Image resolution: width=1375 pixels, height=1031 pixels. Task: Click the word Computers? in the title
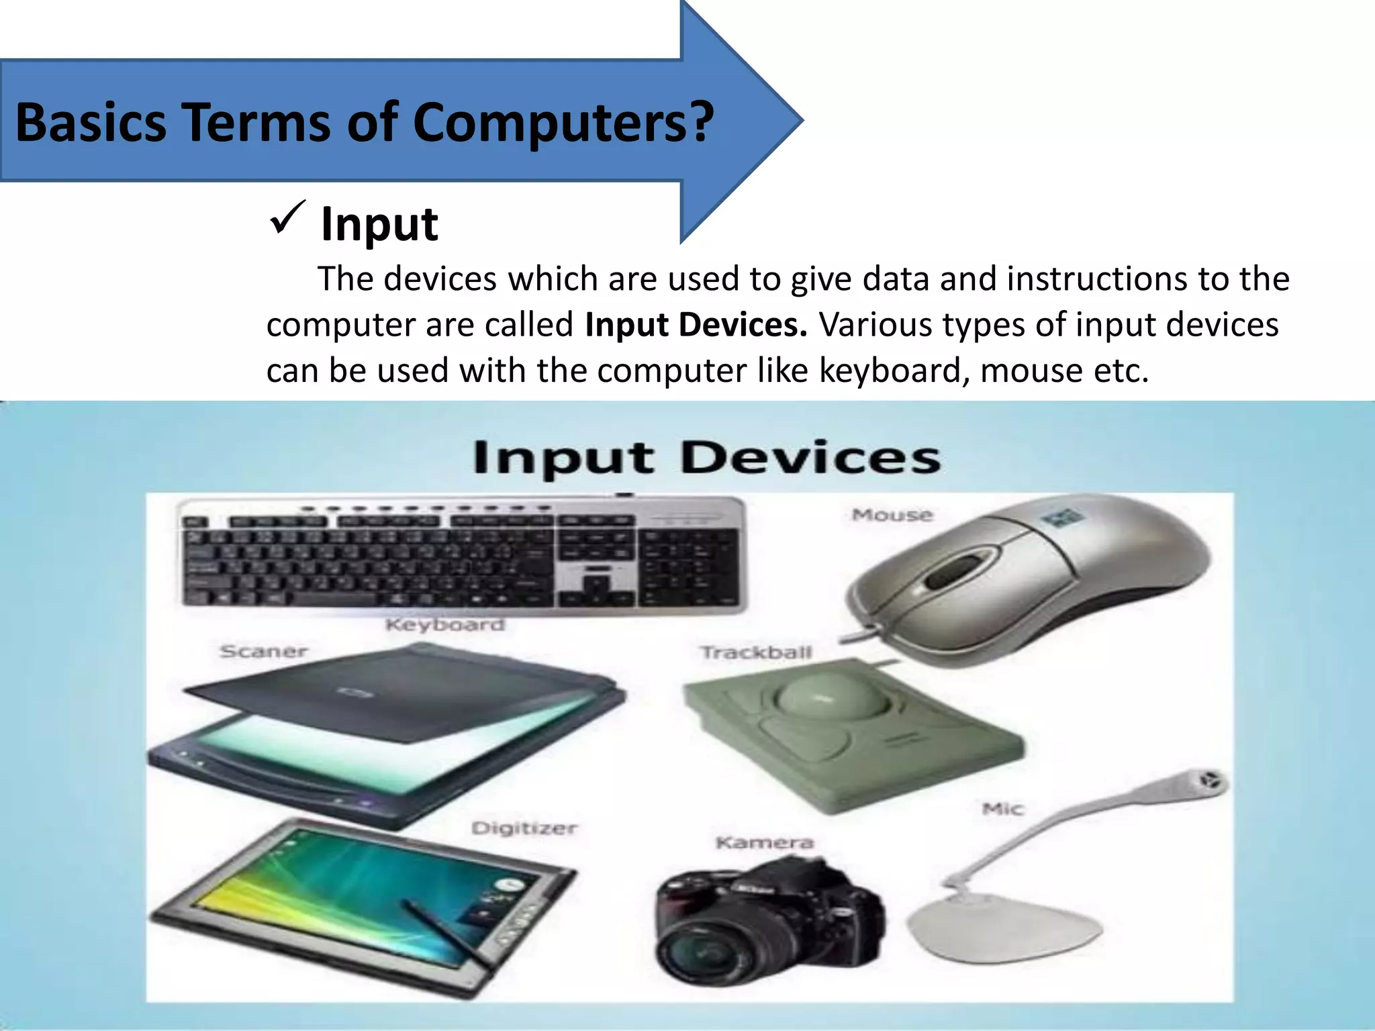(563, 122)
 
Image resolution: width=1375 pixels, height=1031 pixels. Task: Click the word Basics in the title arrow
(91, 122)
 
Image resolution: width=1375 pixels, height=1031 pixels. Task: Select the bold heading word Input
(379, 224)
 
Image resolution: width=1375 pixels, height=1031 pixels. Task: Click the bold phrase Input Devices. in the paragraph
(696, 325)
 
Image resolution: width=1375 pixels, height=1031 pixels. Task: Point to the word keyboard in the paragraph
(894, 371)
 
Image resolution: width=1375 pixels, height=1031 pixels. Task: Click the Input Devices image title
(706, 458)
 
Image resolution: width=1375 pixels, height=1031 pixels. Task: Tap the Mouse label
(892, 515)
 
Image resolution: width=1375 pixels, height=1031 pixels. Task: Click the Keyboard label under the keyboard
(444, 625)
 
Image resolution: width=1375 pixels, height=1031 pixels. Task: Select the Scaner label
(264, 651)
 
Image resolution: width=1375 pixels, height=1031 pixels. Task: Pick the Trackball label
(756, 652)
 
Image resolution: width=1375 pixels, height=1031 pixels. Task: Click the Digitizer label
(524, 828)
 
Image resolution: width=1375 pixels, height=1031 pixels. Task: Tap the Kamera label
(765, 842)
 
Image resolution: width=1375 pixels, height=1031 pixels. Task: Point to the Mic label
(1003, 809)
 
